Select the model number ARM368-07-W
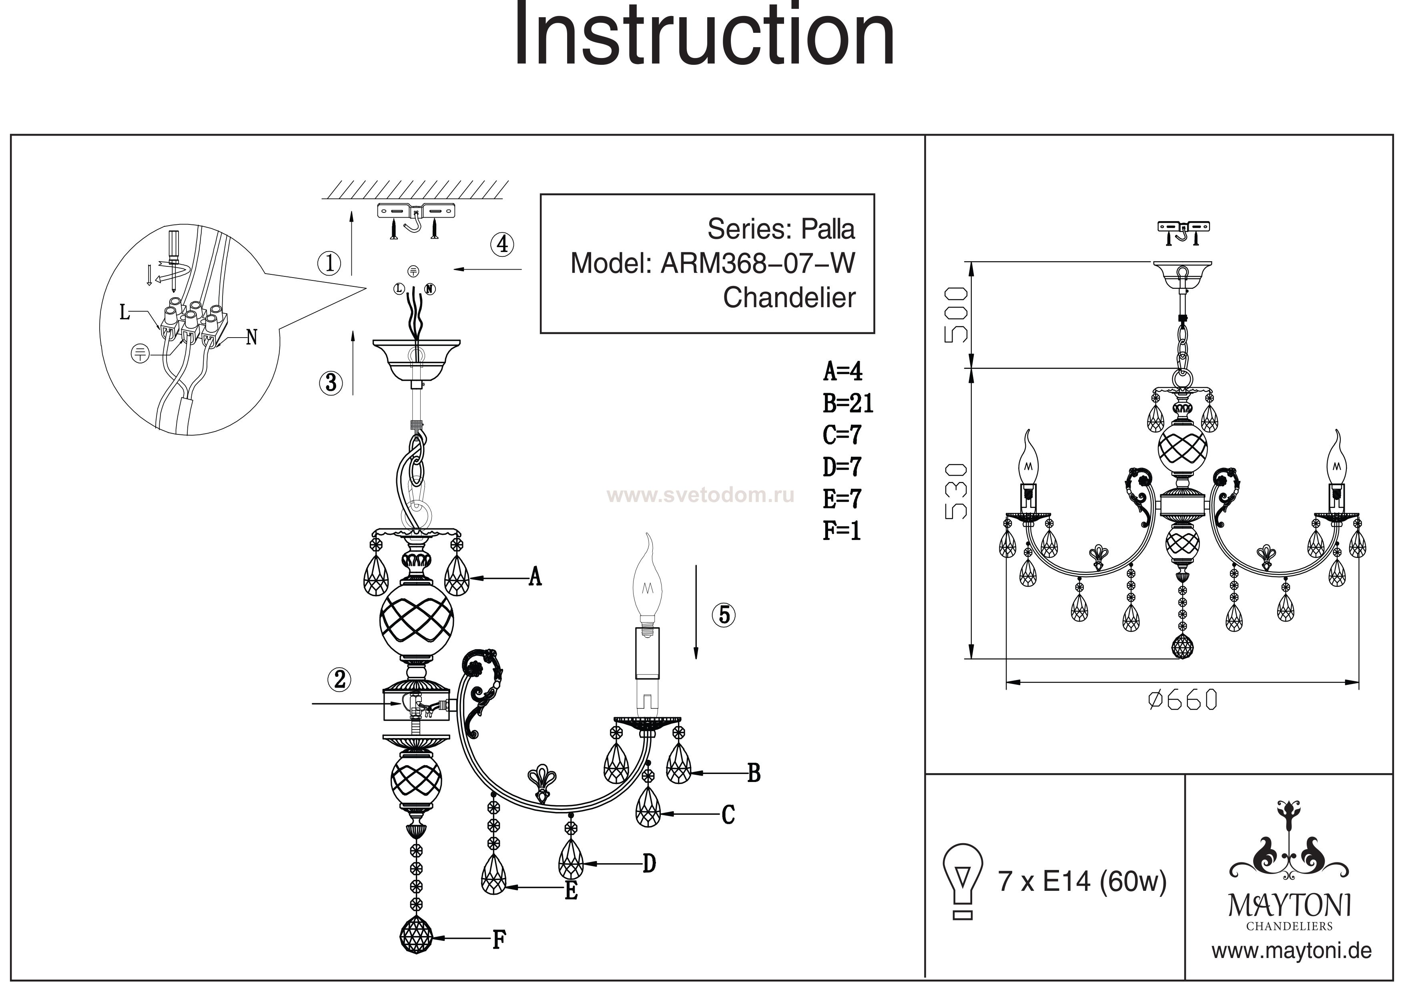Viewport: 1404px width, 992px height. (x=758, y=264)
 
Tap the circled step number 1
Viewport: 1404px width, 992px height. (x=330, y=264)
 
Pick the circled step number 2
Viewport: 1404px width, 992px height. (x=340, y=679)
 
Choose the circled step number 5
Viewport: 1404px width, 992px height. (x=724, y=614)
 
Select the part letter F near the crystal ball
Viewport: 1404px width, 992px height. (x=499, y=940)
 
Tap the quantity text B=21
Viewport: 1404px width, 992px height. (x=848, y=404)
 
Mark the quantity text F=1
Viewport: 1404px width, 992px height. (x=841, y=530)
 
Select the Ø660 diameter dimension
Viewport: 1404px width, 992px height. (x=1183, y=700)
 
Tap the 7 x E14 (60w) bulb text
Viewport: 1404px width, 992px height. (x=1082, y=881)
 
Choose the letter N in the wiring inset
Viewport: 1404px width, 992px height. (x=251, y=337)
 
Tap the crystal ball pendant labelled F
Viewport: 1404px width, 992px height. (x=416, y=935)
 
